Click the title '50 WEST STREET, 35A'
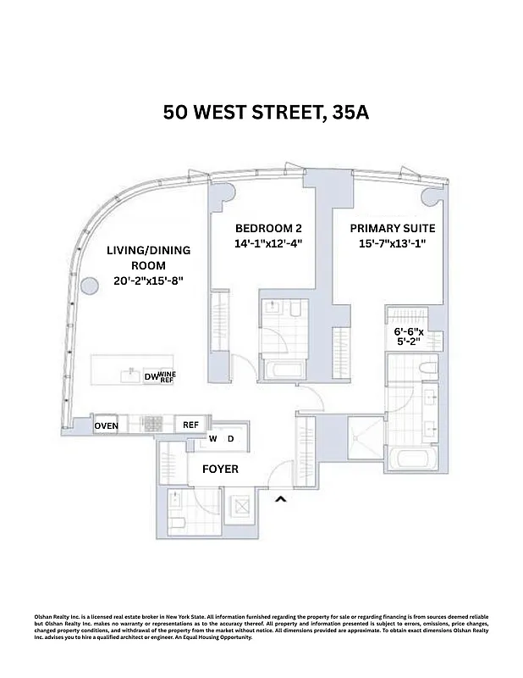tap(267, 113)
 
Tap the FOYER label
tap(219, 469)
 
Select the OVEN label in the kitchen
tap(106, 425)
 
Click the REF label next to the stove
tap(190, 425)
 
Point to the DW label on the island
tap(151, 376)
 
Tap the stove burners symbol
tap(152, 425)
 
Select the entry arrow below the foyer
tap(281, 501)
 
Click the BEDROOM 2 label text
tap(268, 228)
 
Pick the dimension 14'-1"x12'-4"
tap(268, 244)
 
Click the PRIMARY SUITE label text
tap(393, 228)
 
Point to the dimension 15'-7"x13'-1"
tap(393, 244)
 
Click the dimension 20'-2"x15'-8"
tap(148, 281)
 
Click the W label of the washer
tap(214, 438)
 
